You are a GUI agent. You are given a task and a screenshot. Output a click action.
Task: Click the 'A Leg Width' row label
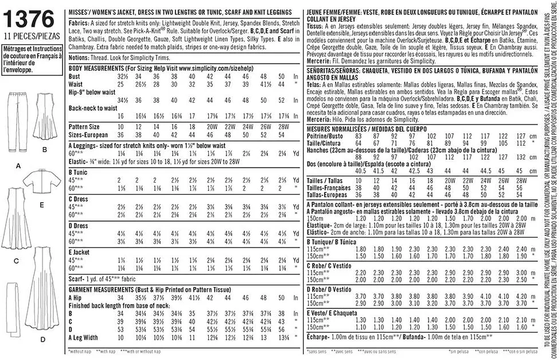pos(84,338)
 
